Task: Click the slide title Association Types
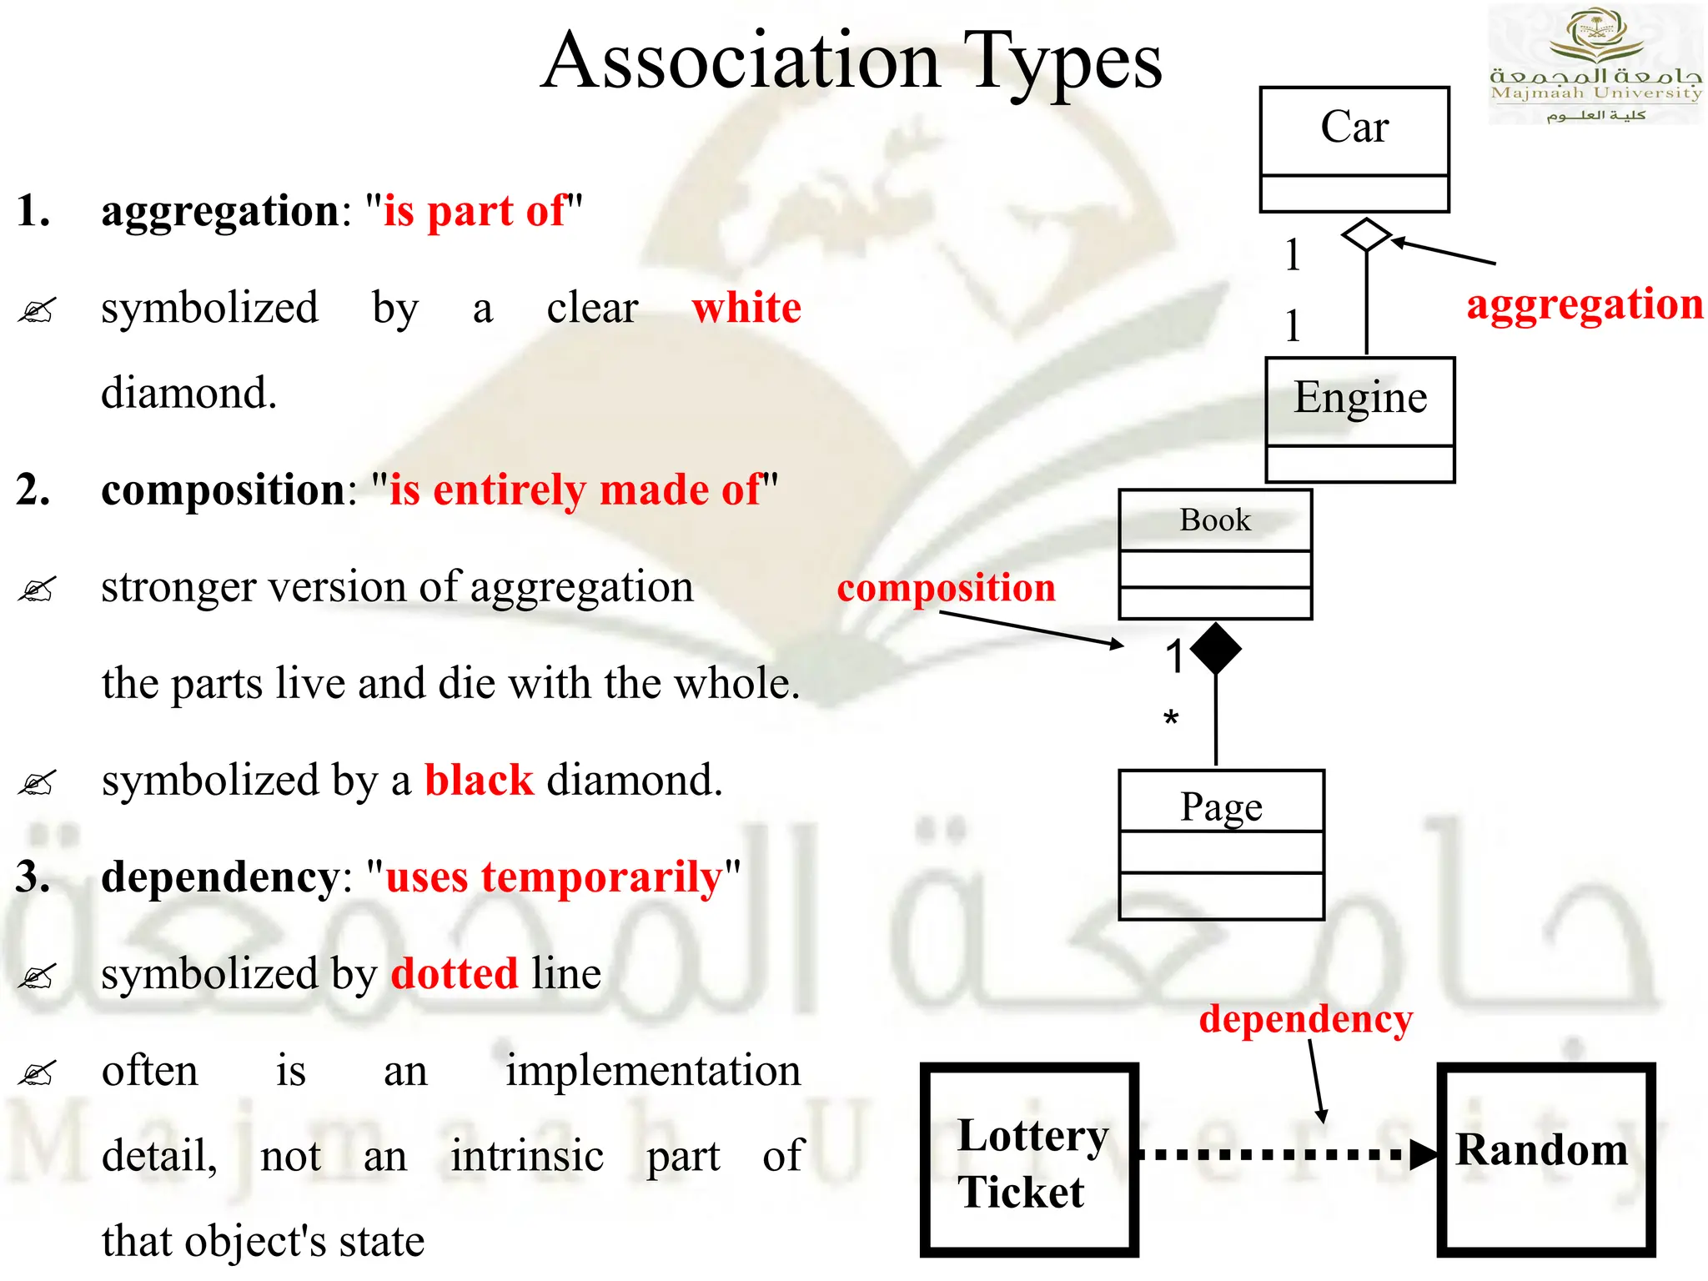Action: pos(851,63)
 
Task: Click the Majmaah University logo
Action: pos(1595,65)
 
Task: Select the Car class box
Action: pos(1354,148)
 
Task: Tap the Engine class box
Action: pos(1359,419)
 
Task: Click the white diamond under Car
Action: pos(1366,235)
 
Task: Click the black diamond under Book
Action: pos(1216,648)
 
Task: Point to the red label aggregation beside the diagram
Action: pos(1585,304)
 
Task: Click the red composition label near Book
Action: pos(947,587)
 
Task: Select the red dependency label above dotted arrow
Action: pos(1306,1018)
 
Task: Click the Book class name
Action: pos(1215,520)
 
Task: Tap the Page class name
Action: pos(1221,806)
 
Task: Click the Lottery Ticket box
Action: pos(1029,1160)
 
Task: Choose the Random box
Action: pos(1545,1160)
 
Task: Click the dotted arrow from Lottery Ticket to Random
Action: pos(1284,1155)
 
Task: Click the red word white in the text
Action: pos(746,308)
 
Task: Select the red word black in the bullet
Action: pos(479,781)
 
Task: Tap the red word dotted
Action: pos(455,973)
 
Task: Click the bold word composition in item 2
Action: pos(223,490)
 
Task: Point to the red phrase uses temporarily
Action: pos(554,877)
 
